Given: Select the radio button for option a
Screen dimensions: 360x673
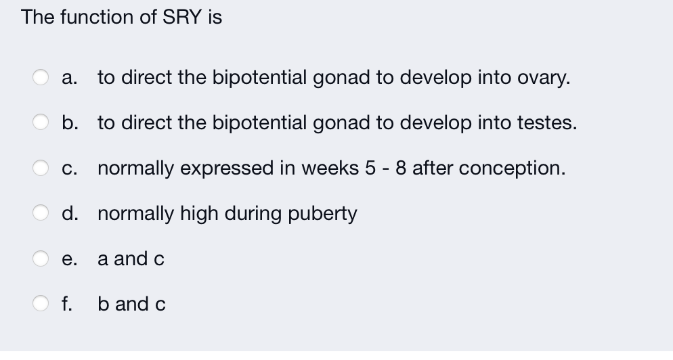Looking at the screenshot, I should (x=41, y=77).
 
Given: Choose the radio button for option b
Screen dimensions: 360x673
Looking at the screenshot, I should (x=41, y=122).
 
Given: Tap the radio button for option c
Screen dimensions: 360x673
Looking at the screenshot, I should (x=41, y=168).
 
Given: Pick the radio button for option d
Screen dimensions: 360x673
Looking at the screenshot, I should (x=41, y=213).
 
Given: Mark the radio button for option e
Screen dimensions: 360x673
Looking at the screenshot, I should (x=41, y=258).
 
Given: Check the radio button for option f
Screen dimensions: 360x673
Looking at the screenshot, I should (x=41, y=304).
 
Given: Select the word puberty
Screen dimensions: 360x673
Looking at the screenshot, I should (x=323, y=214).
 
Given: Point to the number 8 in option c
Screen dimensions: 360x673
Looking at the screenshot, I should (x=401, y=168).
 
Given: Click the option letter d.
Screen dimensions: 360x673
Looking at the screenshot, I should (x=68, y=213).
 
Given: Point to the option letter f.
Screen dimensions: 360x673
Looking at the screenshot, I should (x=66, y=304).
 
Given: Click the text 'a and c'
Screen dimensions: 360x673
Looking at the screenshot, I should (x=131, y=259).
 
